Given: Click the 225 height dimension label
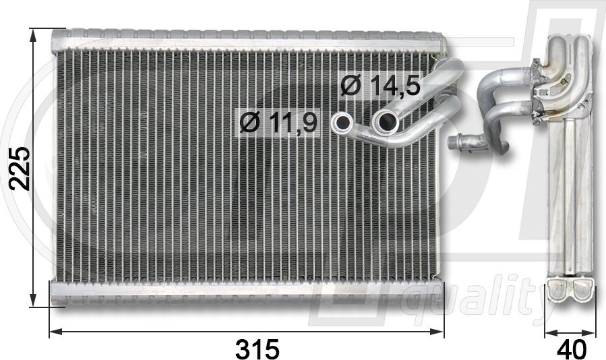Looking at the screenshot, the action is pos(20,169).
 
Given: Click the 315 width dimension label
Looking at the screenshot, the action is pos(257,349).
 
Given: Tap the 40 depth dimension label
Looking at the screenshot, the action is pos(571,349).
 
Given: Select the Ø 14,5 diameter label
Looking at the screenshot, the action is pos(380,85).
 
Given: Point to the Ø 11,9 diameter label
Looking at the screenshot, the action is pos(278,122).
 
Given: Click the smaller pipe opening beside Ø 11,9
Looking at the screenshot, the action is pos(342,123).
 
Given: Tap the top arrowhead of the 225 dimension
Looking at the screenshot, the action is pos(33,36).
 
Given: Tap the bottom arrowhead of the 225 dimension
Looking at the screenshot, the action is pos(33,300).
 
